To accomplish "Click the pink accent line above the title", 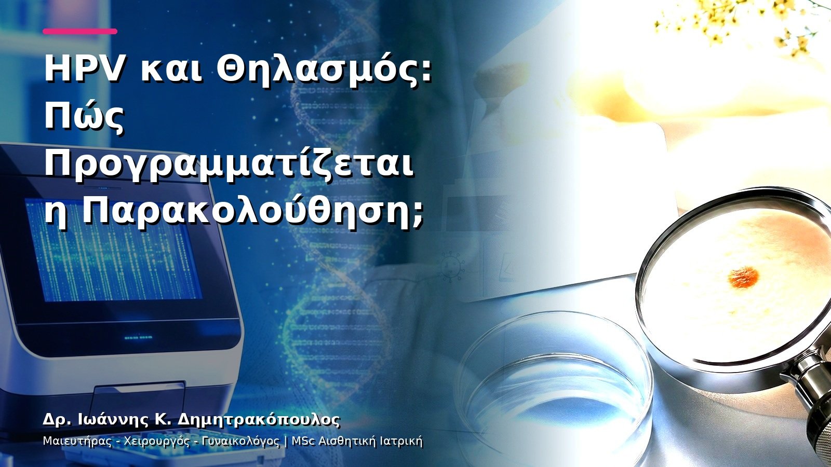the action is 80,32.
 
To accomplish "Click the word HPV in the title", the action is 84,70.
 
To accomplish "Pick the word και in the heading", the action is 171,72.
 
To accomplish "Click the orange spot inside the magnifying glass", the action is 743,277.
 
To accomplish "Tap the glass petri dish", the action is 555,386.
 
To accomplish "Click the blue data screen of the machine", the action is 113,249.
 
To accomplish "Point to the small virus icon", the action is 451,267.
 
